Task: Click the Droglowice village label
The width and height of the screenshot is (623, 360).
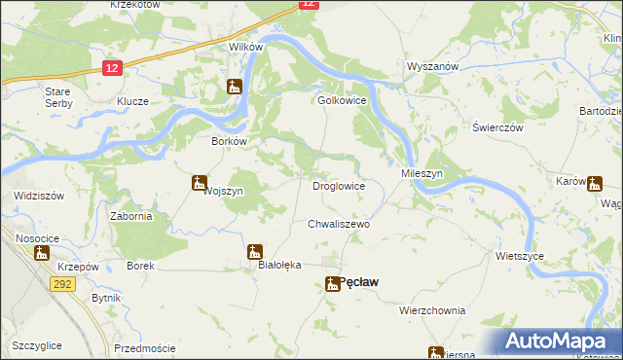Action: pyautogui.click(x=338, y=185)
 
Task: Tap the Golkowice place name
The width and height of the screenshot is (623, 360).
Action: pyautogui.click(x=341, y=100)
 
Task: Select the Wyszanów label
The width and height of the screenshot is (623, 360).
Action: pyautogui.click(x=432, y=66)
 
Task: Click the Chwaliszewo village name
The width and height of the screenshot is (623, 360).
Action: pyautogui.click(x=339, y=223)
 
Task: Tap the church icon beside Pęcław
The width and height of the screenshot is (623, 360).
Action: pyautogui.click(x=331, y=284)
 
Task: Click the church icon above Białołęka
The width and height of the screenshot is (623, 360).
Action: pyautogui.click(x=255, y=251)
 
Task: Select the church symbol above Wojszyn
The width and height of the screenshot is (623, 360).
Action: pyautogui.click(x=200, y=181)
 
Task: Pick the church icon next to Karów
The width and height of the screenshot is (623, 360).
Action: pyautogui.click(x=593, y=181)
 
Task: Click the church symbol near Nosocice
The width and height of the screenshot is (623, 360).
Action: pyautogui.click(x=42, y=253)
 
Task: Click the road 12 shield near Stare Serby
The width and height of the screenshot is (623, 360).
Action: pyautogui.click(x=112, y=67)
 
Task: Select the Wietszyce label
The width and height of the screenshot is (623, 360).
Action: pyautogui.click(x=519, y=256)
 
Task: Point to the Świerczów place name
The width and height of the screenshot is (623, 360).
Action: pyautogui.click(x=497, y=127)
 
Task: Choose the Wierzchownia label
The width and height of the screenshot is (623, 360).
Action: pyautogui.click(x=432, y=310)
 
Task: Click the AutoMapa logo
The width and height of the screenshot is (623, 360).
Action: pyautogui.click(x=558, y=342)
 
